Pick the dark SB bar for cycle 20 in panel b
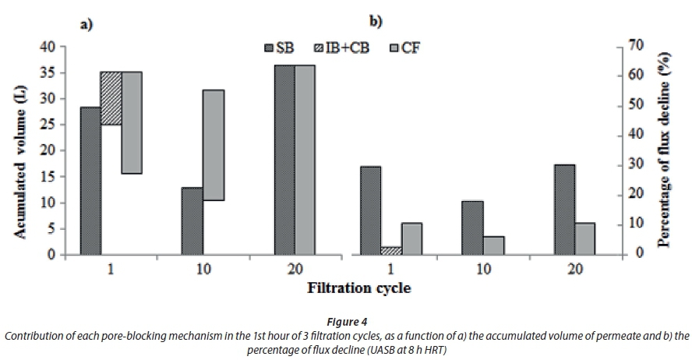564,209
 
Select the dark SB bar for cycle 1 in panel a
90,180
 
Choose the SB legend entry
284,48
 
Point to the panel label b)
375,22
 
